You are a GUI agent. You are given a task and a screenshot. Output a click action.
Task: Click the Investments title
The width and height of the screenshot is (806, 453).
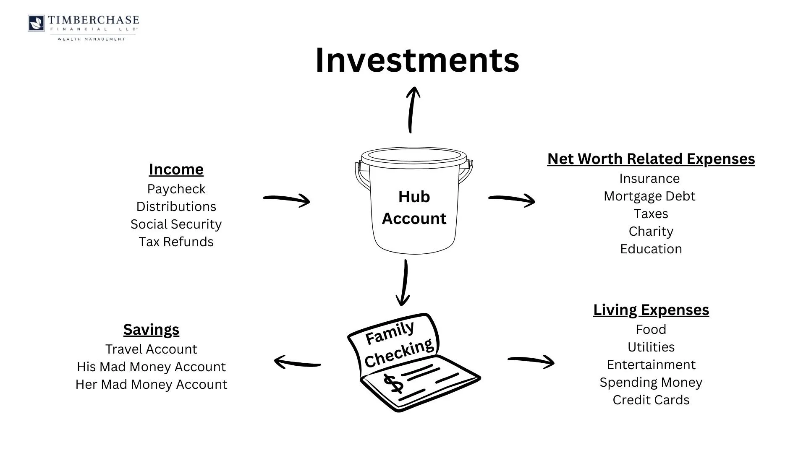pyautogui.click(x=417, y=60)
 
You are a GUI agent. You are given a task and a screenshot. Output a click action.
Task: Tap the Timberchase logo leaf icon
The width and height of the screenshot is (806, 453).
pyautogui.click(x=37, y=23)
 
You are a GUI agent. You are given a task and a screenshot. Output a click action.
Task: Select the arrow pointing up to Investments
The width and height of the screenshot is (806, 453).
pyautogui.click(x=412, y=110)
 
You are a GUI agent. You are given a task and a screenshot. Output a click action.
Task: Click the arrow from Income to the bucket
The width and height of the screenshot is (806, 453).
pyautogui.click(x=287, y=199)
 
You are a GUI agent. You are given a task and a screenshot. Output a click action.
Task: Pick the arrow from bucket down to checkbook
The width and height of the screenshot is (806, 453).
pyautogui.click(x=404, y=283)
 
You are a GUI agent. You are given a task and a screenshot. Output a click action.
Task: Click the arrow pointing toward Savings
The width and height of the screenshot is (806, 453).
pyautogui.click(x=297, y=362)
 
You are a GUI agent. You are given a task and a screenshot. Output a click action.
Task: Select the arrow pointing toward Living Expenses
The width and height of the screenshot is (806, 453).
pyautogui.click(x=531, y=361)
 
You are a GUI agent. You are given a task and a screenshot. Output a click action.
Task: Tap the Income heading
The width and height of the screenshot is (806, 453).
pyautogui.click(x=176, y=169)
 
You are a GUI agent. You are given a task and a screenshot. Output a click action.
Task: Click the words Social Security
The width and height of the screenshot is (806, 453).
pyautogui.click(x=176, y=224)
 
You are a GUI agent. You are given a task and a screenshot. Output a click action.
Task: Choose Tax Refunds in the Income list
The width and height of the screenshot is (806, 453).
pyautogui.click(x=176, y=242)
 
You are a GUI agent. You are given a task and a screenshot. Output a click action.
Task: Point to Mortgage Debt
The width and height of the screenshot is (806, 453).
pyautogui.click(x=649, y=196)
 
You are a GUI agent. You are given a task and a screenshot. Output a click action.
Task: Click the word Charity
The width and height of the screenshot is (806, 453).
pyautogui.click(x=651, y=231)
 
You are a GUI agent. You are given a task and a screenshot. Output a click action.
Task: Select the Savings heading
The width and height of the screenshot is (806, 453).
pyautogui.click(x=151, y=329)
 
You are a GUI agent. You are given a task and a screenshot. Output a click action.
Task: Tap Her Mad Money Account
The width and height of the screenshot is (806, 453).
pyautogui.click(x=151, y=384)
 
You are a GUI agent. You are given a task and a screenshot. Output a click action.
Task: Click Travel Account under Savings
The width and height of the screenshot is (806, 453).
pyautogui.click(x=151, y=349)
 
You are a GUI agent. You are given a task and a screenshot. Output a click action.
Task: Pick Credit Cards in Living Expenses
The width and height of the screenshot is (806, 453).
pyautogui.click(x=651, y=400)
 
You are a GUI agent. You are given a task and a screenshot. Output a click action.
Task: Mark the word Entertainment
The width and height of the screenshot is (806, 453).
pyautogui.click(x=651, y=364)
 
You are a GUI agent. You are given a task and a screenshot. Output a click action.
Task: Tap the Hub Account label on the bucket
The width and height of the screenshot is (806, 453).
pyautogui.click(x=414, y=207)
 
